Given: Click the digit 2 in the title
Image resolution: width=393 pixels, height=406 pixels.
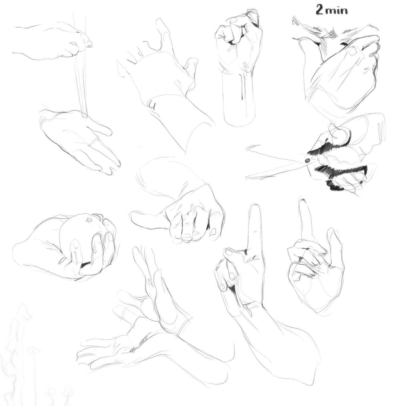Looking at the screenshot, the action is pos(319,10).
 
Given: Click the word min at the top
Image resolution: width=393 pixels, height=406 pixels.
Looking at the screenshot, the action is pos(336,10).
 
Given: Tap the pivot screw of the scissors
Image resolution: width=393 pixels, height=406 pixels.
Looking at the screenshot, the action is pos(308,160).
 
